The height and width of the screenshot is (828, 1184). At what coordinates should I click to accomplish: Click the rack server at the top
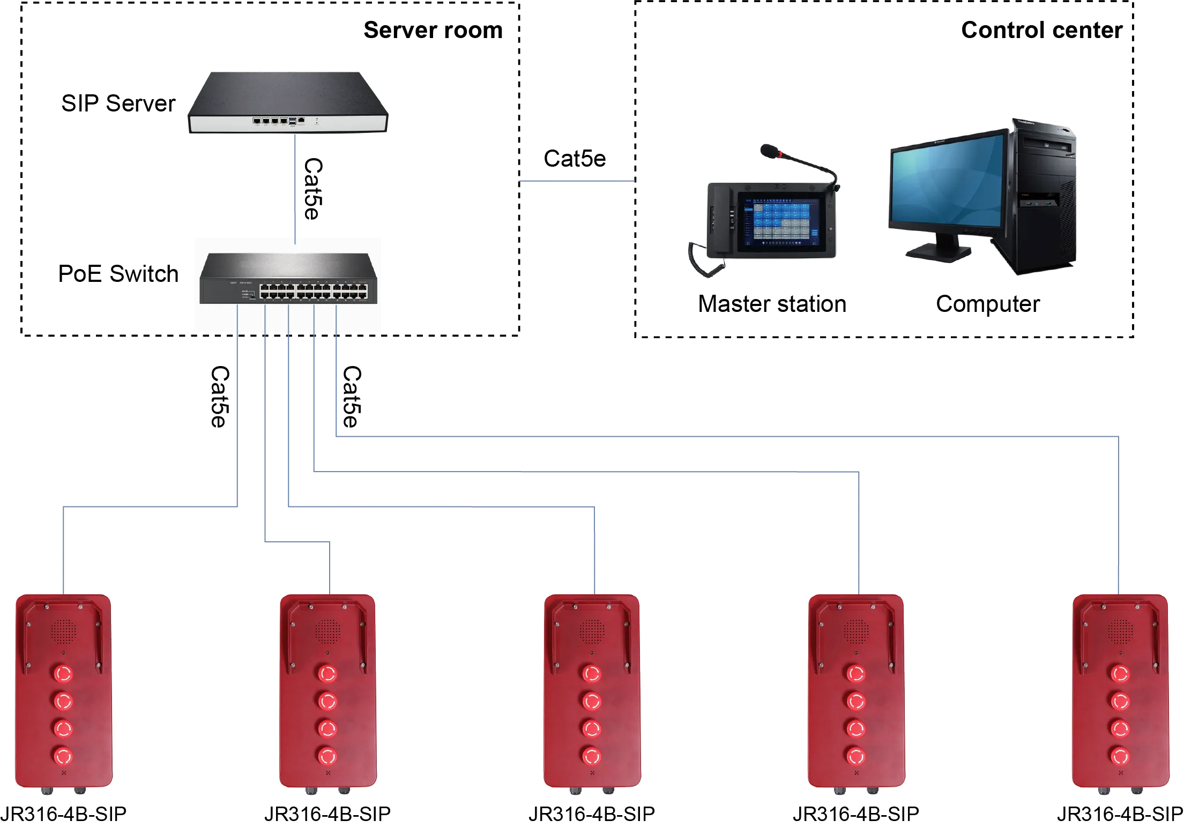[x=287, y=103]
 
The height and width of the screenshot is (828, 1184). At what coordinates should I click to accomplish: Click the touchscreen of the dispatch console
[x=778, y=221]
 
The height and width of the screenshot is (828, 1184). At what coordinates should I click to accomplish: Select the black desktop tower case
[x=1042, y=198]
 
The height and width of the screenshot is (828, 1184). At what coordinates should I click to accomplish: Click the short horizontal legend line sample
[x=577, y=183]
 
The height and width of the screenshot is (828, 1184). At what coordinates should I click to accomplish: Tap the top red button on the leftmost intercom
[x=63, y=673]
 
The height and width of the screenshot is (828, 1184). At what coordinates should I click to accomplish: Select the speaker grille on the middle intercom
[x=591, y=632]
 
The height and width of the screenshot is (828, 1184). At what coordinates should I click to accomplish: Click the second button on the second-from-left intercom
[x=327, y=701]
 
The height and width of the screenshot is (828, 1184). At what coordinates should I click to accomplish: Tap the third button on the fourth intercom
[x=855, y=728]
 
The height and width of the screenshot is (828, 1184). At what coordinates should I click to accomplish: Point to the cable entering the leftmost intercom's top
[x=63, y=552]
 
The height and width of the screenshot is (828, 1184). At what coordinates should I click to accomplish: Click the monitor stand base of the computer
[x=938, y=252]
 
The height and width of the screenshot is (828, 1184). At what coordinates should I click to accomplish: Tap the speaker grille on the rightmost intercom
[x=1119, y=632]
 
